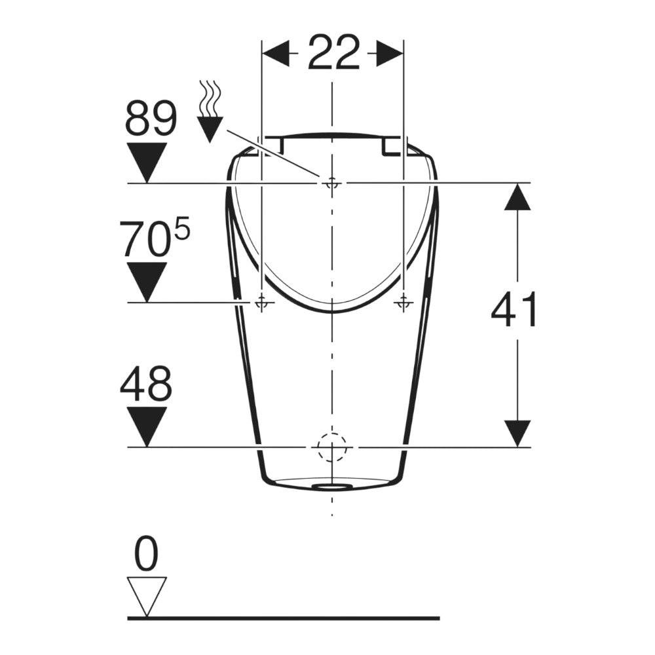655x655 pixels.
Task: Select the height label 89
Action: click(151, 118)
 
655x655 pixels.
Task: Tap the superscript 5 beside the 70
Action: click(182, 230)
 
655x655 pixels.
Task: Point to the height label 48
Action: click(146, 383)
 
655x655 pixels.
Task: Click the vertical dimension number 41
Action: click(514, 310)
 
